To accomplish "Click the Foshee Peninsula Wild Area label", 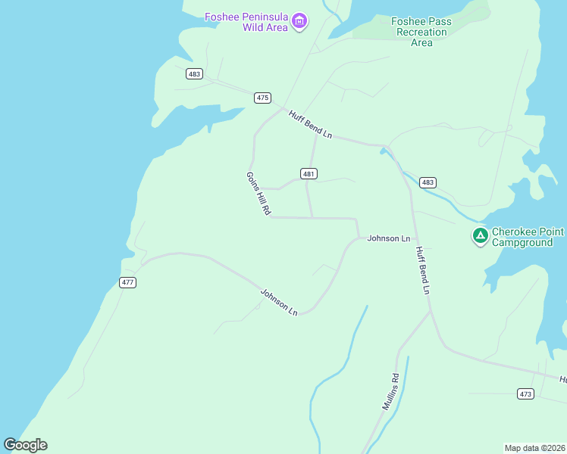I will click(x=247, y=22).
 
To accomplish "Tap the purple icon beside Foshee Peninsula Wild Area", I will click(x=299, y=20).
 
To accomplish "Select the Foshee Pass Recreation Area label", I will click(x=421, y=32).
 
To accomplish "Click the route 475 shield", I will click(x=262, y=98).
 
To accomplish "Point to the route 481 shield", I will click(x=308, y=173).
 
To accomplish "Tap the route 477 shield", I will click(x=127, y=282).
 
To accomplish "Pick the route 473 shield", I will click(x=526, y=393).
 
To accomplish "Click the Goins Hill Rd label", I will click(x=258, y=194).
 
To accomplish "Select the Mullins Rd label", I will click(x=390, y=391).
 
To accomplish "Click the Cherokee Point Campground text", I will click(x=528, y=237).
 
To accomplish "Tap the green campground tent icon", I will click(x=480, y=236).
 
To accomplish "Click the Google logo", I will click(x=25, y=445).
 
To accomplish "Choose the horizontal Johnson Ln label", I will click(x=389, y=238).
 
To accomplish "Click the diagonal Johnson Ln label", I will click(x=279, y=301).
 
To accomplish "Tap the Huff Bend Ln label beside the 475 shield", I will click(x=310, y=123).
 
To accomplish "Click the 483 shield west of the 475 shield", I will click(x=194, y=73).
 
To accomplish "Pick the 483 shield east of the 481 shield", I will click(x=428, y=182).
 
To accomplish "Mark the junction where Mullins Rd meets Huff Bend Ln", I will click(x=430, y=310).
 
